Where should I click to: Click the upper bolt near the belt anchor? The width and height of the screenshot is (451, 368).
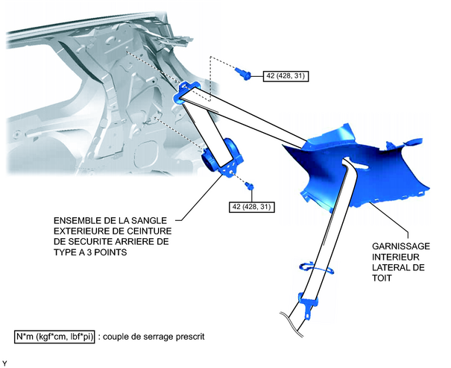pyautogui.click(x=243, y=73)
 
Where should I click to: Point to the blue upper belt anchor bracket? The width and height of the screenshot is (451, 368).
pyautogui.click(x=186, y=91)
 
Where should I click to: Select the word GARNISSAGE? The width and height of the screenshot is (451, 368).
pyautogui.click(x=401, y=246)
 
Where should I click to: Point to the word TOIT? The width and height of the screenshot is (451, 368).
pyautogui.click(x=382, y=278)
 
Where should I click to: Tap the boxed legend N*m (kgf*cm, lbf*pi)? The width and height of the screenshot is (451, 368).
pyautogui.click(x=54, y=337)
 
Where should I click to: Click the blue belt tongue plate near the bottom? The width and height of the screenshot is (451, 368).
pyautogui.click(x=308, y=305)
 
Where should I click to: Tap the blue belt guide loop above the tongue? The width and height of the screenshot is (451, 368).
pyautogui.click(x=316, y=268)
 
